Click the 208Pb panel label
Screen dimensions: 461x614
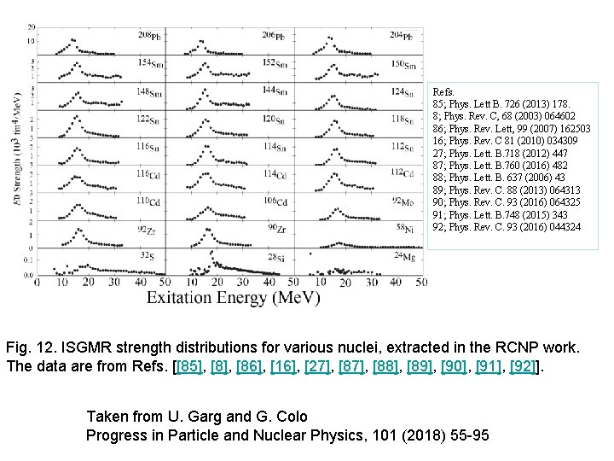coord(149,36)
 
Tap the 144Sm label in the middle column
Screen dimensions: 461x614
coord(275,90)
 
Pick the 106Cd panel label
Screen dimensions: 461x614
coord(275,201)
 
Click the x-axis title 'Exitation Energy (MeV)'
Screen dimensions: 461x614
coord(233,298)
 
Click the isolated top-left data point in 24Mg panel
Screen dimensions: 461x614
coord(310,254)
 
